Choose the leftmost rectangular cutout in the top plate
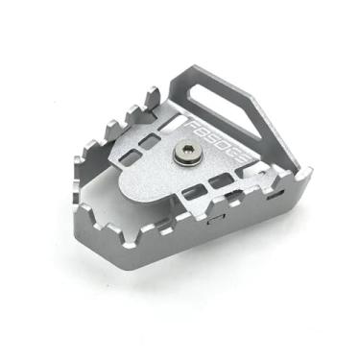click(x=133, y=154)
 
